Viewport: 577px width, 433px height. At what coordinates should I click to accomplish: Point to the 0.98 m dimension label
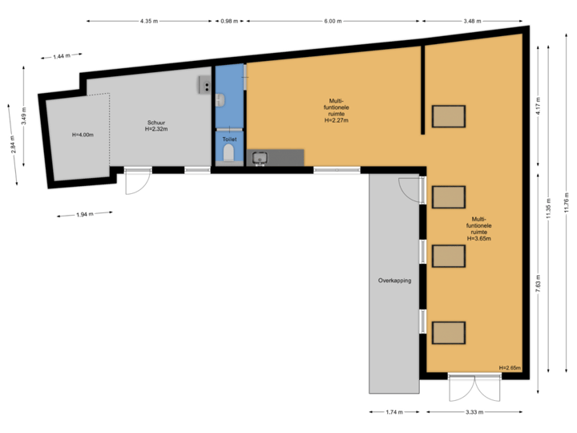(229, 21)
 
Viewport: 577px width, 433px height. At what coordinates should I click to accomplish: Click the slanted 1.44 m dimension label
(60, 56)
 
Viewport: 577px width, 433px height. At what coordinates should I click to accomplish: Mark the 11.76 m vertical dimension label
(567, 198)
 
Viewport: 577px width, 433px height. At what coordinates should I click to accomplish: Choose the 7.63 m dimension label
(538, 285)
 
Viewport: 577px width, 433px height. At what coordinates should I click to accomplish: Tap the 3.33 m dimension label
(476, 412)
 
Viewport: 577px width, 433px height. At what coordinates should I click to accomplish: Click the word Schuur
(156, 122)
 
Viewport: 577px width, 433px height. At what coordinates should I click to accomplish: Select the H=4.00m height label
(83, 135)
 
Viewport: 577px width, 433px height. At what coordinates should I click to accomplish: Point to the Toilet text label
(229, 139)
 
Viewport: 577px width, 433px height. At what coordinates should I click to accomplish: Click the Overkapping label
(394, 281)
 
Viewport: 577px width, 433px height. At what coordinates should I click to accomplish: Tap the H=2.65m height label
(510, 368)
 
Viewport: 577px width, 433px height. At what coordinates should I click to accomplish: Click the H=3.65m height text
(479, 238)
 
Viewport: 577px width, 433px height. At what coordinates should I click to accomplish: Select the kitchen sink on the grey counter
(260, 157)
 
